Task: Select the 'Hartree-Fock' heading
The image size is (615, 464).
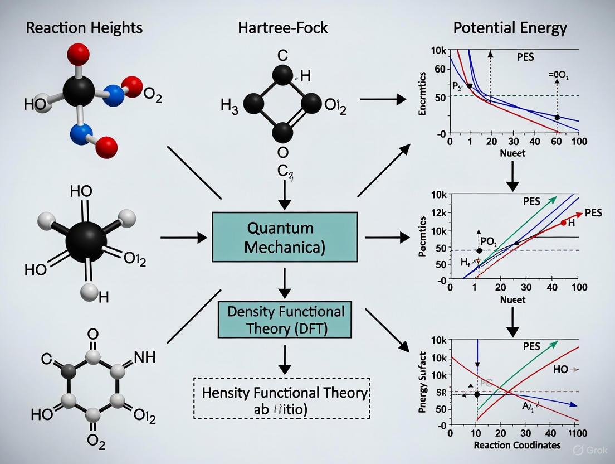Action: [284, 27]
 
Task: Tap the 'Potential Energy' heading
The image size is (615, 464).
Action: [510, 27]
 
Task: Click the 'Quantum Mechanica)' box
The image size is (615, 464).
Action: [284, 236]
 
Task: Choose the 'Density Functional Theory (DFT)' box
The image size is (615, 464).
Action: [285, 320]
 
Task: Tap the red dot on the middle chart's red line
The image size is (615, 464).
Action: [563, 223]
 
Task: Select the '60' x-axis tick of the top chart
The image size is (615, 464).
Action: [555, 141]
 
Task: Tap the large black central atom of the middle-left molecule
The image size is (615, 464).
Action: [86, 242]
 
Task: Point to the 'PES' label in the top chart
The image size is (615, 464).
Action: [525, 58]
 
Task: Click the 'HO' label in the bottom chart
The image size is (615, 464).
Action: [561, 369]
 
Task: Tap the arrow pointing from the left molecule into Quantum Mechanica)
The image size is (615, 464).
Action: [184, 238]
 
